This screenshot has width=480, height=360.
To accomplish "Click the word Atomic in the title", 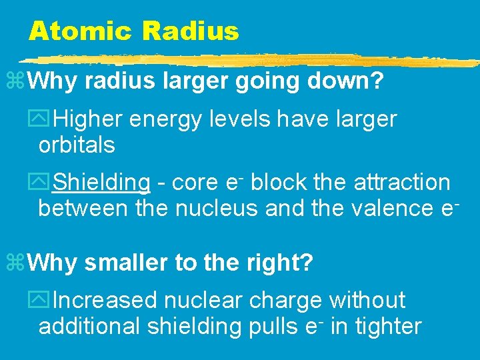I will tap(79, 31).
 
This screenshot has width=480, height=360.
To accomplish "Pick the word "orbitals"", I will tap(77, 145).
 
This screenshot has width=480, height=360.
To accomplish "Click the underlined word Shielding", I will tap(101, 182).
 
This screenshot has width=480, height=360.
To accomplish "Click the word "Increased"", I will tap(105, 301).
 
